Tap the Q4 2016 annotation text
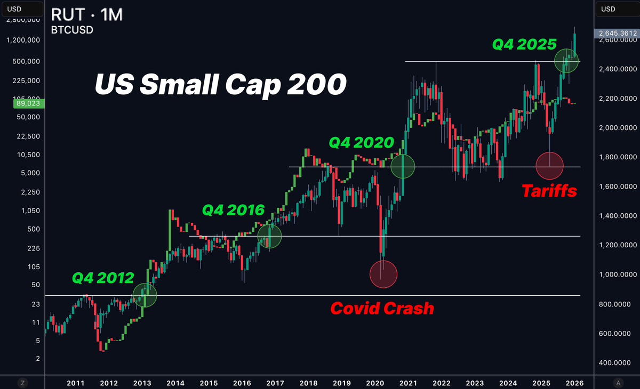tap(233, 210)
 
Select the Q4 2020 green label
tap(361, 142)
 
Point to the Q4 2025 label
tap(524, 44)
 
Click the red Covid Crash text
tap(382, 308)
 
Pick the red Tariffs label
tap(549, 191)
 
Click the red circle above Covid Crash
tap(383, 274)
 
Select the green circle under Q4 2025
tap(567, 60)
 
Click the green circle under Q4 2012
tap(145, 295)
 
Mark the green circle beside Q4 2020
tap(403, 166)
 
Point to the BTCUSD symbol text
tap(72, 30)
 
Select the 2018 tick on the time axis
tap(308, 383)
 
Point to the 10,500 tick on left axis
tap(26, 155)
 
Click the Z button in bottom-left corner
tap(22, 382)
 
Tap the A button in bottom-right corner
tap(618, 382)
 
